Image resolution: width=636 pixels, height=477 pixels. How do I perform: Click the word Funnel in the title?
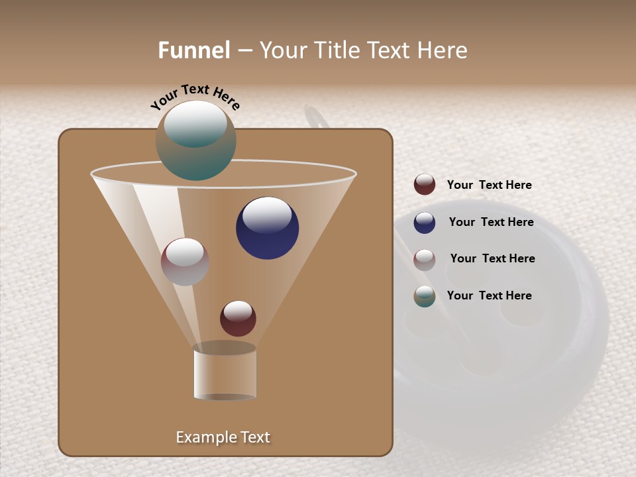click(x=194, y=50)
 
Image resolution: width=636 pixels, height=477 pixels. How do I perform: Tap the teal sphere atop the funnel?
click(x=196, y=140)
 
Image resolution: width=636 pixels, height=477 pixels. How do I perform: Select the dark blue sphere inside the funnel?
click(x=268, y=229)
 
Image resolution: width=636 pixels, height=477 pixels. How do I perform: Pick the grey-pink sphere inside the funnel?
click(x=185, y=262)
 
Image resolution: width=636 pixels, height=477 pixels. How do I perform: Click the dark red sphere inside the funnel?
click(x=238, y=319)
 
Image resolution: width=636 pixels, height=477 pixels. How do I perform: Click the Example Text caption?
click(x=223, y=437)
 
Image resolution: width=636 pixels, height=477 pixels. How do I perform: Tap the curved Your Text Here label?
click(x=195, y=96)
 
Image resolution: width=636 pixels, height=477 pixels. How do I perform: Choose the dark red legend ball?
click(x=425, y=185)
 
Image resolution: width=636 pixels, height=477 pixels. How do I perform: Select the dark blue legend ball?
click(x=425, y=223)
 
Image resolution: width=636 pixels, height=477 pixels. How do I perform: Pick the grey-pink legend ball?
click(x=425, y=259)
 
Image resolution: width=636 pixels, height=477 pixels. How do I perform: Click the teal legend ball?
click(x=425, y=296)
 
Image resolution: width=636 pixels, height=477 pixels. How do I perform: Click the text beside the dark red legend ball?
click(x=489, y=185)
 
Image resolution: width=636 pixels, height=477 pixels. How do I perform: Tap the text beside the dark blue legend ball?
click(x=491, y=223)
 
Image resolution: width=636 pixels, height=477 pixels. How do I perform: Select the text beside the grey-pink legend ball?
click(x=492, y=259)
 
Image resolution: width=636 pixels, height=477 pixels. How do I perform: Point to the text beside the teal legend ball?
click(x=489, y=296)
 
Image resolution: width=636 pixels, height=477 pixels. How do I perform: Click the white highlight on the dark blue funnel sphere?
click(x=268, y=215)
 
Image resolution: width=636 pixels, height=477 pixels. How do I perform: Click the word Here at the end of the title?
click(x=443, y=50)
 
